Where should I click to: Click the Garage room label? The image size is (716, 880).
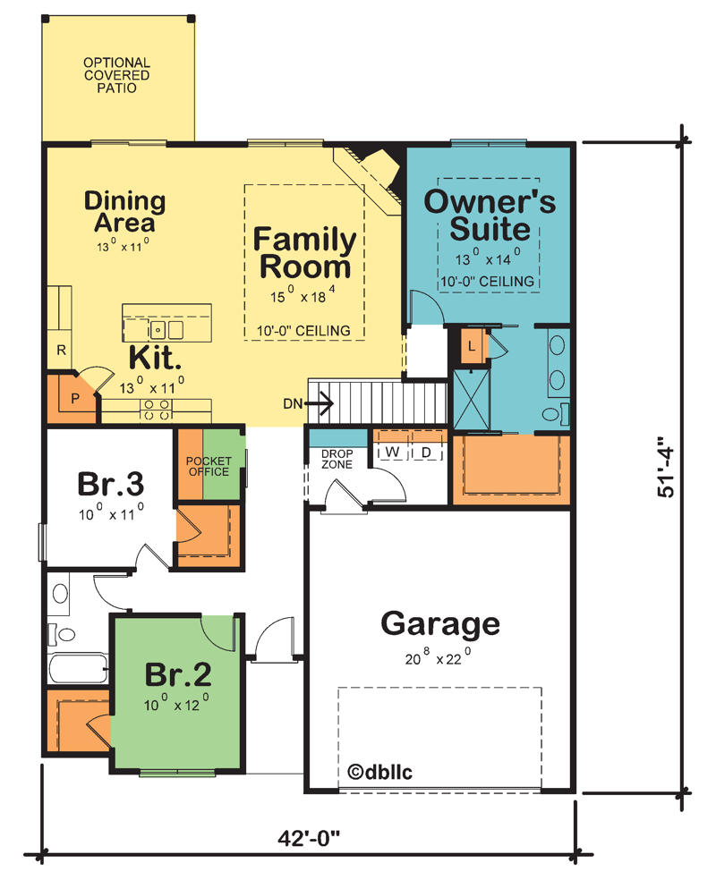pos(440,623)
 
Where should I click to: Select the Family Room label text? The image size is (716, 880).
pos(304,253)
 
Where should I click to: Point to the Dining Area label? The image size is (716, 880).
pos(124,212)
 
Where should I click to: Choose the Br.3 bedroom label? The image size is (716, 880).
pos(111,484)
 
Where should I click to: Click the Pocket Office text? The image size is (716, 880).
pos(208,466)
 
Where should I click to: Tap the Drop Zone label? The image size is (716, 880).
pos(337,459)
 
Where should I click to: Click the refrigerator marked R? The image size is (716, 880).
pos(61,350)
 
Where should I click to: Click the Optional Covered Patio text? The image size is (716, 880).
pos(117,76)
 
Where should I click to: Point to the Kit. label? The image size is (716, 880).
pos(156,358)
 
